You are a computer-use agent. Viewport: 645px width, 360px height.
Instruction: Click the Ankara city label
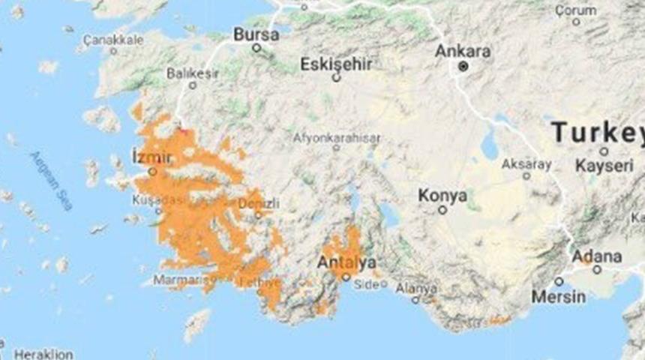(463, 52)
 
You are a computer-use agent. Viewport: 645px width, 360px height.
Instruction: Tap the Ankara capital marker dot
(463, 67)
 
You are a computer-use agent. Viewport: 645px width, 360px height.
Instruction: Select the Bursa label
(256, 34)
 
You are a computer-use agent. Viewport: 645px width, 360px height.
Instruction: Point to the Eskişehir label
(336, 64)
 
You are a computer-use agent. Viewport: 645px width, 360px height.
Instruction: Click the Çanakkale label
(112, 39)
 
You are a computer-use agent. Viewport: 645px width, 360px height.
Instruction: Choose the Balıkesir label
(193, 73)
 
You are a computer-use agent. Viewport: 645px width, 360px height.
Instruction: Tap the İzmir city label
(151, 157)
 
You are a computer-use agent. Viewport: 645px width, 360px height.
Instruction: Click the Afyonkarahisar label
(337, 138)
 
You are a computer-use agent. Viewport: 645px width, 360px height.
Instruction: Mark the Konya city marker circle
(442, 210)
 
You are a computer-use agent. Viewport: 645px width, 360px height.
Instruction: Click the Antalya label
(346, 262)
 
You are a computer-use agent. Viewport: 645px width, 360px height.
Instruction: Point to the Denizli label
(259, 203)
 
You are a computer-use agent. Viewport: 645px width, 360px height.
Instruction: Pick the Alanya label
(417, 288)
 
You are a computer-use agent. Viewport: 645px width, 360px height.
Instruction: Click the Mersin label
(559, 296)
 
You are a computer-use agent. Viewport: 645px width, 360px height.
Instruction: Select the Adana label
(597, 256)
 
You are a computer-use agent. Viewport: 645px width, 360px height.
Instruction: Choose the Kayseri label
(604, 166)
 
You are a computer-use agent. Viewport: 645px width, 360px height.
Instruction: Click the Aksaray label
(526, 163)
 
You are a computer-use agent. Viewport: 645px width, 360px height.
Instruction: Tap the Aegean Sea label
(52, 180)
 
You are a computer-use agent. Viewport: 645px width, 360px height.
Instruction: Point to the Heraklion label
(44, 354)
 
